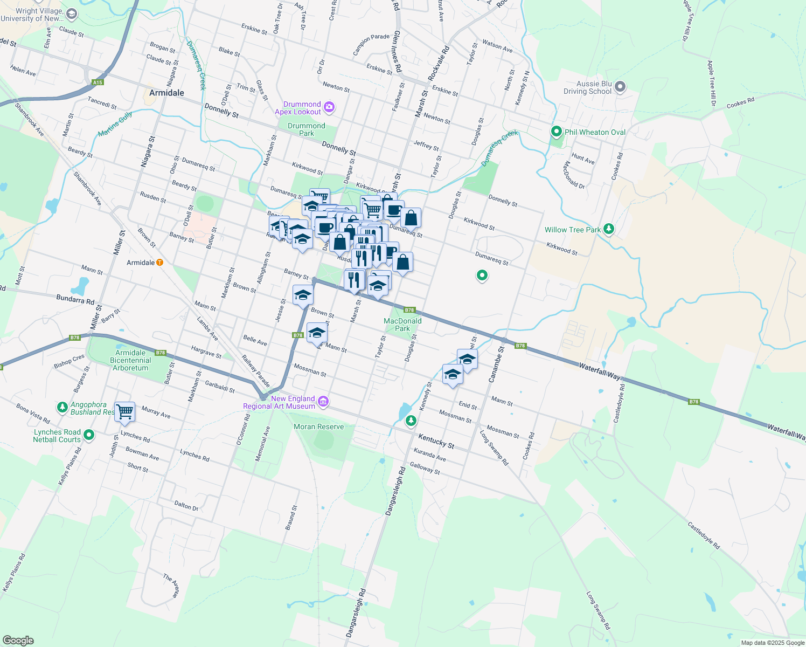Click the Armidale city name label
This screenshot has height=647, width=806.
click(x=166, y=93)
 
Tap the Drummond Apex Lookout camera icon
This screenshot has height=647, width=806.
click(x=330, y=108)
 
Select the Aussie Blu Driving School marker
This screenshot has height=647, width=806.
click(x=620, y=86)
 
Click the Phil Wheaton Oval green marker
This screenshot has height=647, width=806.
click(x=556, y=132)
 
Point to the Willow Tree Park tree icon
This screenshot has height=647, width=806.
click(x=609, y=229)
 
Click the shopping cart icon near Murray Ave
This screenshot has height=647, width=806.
click(x=124, y=412)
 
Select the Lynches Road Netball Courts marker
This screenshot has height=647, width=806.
click(x=89, y=435)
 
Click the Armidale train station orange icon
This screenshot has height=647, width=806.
click(x=159, y=263)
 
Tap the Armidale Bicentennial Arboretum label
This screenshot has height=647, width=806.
click(x=130, y=360)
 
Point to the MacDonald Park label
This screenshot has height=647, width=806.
click(x=402, y=325)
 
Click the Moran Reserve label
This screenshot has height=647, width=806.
click(x=318, y=426)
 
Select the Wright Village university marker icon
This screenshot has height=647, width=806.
click(x=71, y=14)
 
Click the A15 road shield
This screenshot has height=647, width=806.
click(x=98, y=82)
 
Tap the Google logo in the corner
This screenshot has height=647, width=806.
click(x=18, y=640)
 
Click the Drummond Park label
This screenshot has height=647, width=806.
click(x=307, y=129)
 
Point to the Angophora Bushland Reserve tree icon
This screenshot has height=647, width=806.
click(x=62, y=407)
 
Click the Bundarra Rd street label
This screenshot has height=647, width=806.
click(x=75, y=299)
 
